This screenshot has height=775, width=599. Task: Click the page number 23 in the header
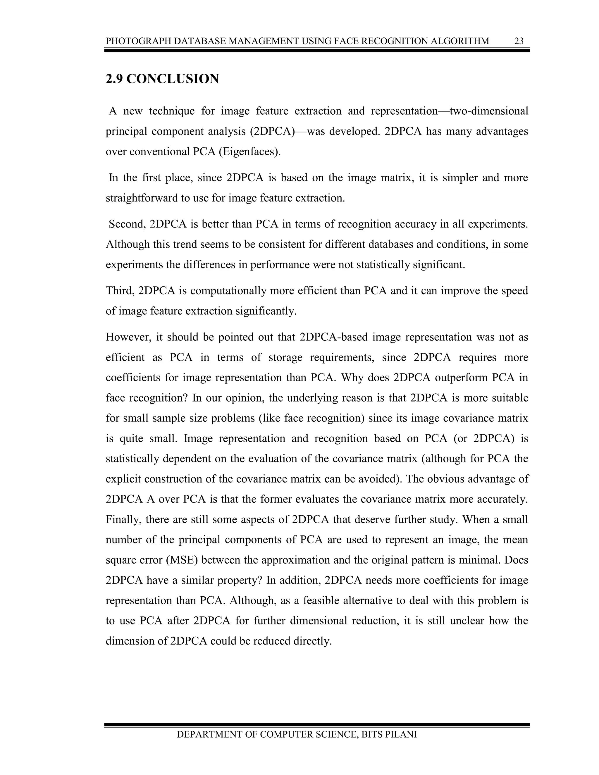point(519,41)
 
